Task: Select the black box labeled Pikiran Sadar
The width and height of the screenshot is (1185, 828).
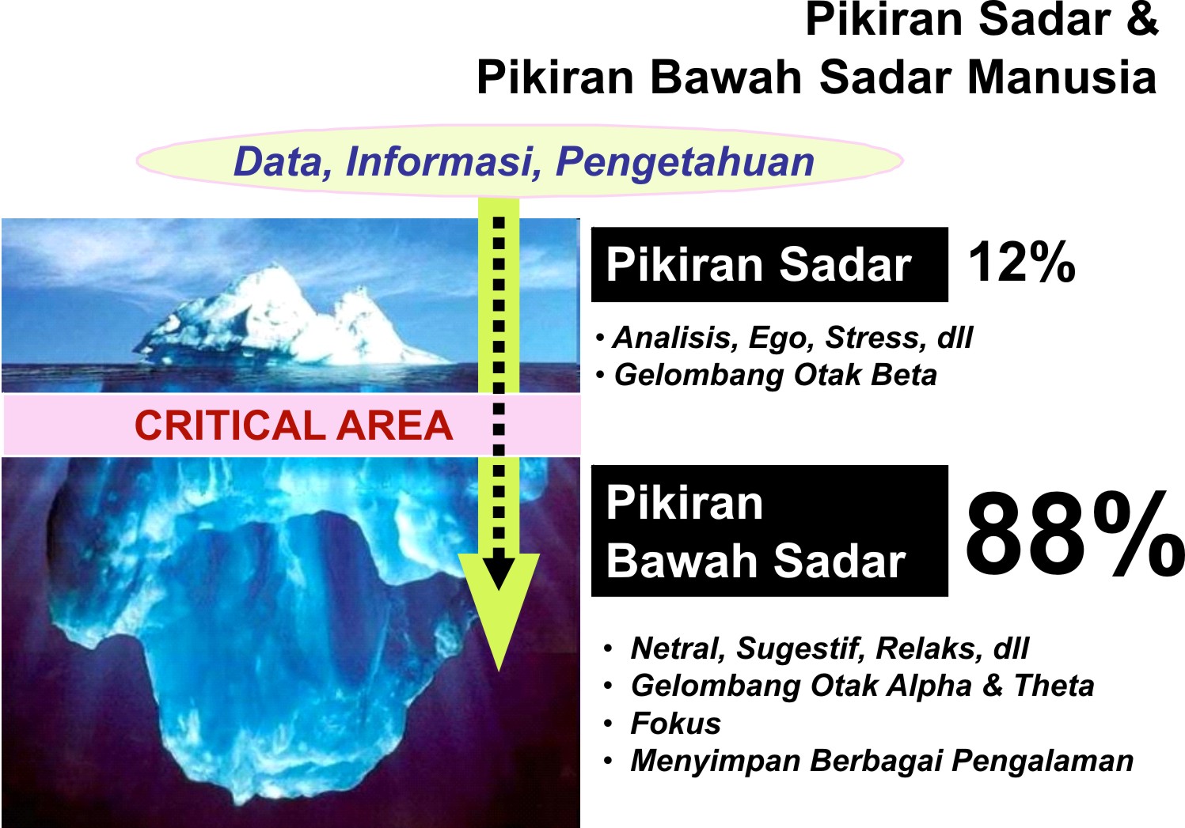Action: tap(769, 264)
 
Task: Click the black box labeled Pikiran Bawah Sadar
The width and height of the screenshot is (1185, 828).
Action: tap(769, 531)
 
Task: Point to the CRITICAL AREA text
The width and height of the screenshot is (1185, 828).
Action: tap(293, 425)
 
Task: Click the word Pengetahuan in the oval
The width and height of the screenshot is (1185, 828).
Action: tap(685, 161)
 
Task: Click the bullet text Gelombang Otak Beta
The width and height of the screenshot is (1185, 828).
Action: tap(775, 375)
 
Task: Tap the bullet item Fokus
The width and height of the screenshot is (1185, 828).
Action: tap(675, 724)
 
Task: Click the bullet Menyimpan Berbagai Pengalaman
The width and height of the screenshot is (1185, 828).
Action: tap(881, 761)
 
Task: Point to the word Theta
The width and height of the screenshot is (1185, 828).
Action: tap(1054, 686)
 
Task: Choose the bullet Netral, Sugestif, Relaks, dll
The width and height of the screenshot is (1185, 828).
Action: tap(829, 648)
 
